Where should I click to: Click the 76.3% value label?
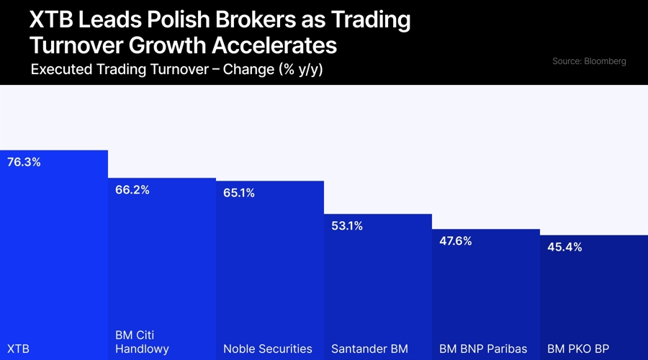point(24,162)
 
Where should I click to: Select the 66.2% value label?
point(132,190)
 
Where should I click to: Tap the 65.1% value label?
point(239,193)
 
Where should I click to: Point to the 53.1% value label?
point(347,226)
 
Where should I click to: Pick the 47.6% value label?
point(456,241)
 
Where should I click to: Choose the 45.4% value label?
point(564,247)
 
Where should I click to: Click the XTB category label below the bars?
point(18,348)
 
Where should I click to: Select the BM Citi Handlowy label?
point(142,342)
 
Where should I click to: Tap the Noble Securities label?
point(268,348)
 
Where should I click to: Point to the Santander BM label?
point(369,348)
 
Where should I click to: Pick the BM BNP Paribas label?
point(483,348)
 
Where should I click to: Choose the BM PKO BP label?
point(578,348)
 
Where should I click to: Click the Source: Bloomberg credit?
point(589,61)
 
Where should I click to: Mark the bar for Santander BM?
point(378,288)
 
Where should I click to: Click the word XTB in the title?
point(50,19)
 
